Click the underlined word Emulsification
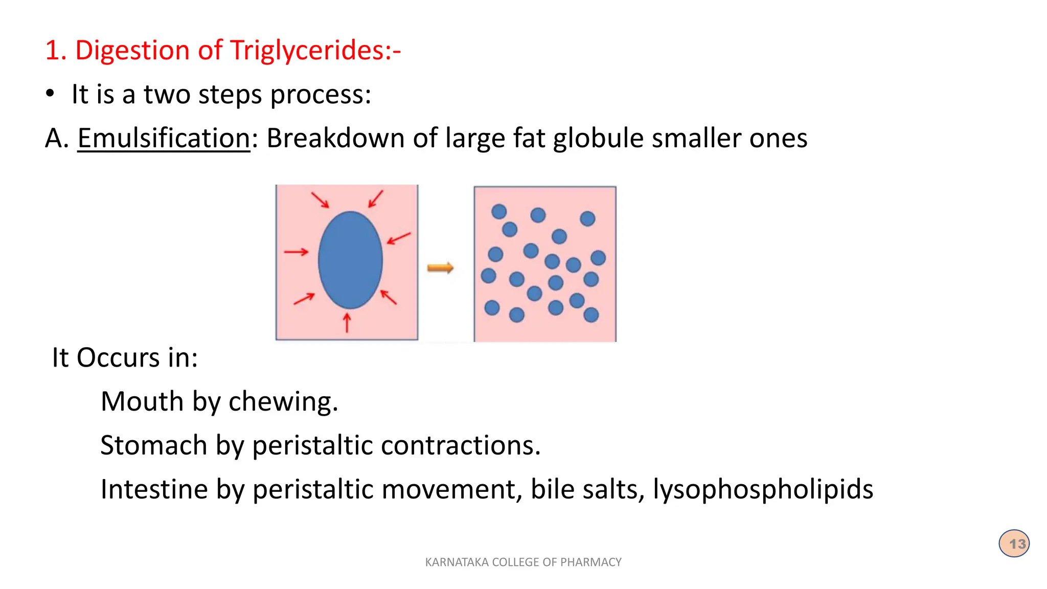tap(164, 138)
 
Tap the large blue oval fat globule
tap(350, 260)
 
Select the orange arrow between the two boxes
tap(440, 267)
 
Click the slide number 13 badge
tap(1014, 543)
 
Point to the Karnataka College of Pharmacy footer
tap(523, 562)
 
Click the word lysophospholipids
tap(763, 489)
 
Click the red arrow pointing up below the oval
tap(347, 323)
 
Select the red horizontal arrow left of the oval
tap(297, 252)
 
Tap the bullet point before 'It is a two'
tap(50, 94)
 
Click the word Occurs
tap(118, 357)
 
